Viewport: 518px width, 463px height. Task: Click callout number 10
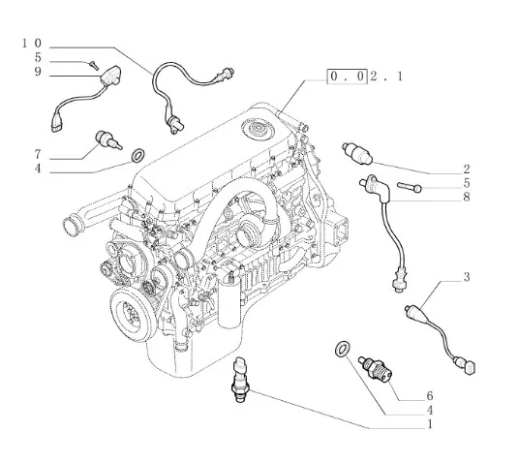pos(32,44)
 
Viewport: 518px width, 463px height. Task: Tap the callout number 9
pos(38,72)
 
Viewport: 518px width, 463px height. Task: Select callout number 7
pos(38,154)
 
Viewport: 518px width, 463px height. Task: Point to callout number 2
pos(466,170)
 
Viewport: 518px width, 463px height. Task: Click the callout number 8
pos(466,198)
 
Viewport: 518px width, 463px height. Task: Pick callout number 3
pos(466,277)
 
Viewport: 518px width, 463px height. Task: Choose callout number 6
pos(430,395)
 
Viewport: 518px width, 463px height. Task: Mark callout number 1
pos(430,423)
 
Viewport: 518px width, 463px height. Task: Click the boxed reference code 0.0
pos(347,77)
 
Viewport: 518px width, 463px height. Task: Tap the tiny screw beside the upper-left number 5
pos(94,66)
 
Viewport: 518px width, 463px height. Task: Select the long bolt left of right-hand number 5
pos(410,187)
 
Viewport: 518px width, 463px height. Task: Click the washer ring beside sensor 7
pos(138,156)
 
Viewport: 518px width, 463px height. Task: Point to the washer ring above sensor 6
pos(342,349)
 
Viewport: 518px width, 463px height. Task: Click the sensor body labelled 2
pos(357,153)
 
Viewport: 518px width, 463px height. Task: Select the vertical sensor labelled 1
pos(240,379)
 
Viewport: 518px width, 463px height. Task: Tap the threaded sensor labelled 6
pos(377,368)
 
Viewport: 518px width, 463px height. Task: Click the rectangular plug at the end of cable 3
pos(470,368)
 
